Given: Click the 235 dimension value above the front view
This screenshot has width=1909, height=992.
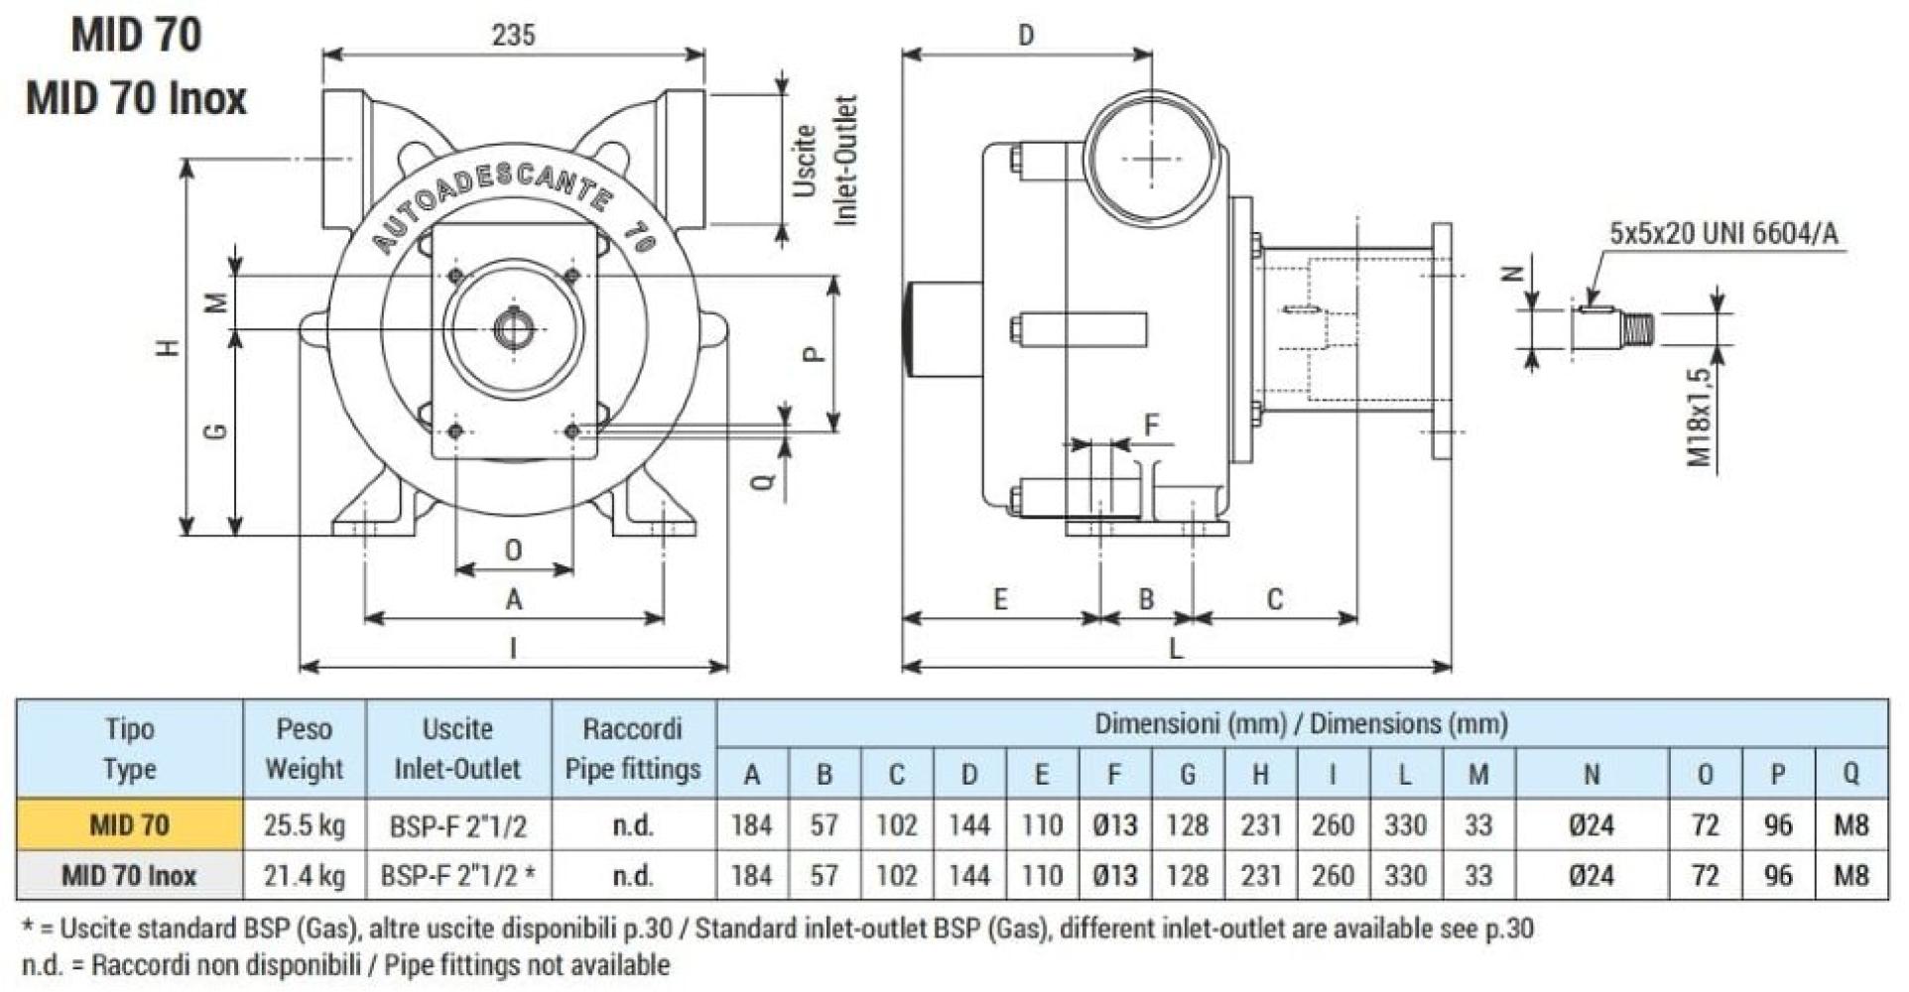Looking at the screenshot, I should (x=513, y=36).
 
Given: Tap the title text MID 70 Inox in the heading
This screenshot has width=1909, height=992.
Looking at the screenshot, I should (x=136, y=99).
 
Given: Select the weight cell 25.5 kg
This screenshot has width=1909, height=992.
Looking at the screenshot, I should (x=304, y=825).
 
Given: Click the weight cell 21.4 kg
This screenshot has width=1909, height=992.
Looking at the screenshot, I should (x=304, y=876).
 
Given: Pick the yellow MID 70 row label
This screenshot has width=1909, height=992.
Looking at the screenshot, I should (x=129, y=825).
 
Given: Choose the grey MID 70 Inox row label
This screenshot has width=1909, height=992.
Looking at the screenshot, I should (x=129, y=876).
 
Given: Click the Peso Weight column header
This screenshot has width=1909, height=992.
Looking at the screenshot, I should (x=304, y=749).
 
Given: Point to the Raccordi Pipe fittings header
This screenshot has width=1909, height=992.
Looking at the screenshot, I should (x=632, y=749).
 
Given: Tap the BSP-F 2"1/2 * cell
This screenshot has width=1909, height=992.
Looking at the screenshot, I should (x=457, y=876).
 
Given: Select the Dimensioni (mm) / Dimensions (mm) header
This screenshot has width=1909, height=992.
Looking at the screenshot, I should (x=1301, y=723).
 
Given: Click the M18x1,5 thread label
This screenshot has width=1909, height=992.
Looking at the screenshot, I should (x=1700, y=418).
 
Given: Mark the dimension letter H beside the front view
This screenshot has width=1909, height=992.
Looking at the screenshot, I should (x=170, y=347).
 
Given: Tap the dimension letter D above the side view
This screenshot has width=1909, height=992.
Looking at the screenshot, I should (x=1026, y=36).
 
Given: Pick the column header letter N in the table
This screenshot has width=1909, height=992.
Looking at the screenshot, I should (x=1591, y=775).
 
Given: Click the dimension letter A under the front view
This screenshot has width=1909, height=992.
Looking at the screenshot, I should (x=513, y=599).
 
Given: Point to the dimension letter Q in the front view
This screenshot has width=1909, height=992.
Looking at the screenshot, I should (x=762, y=482).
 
